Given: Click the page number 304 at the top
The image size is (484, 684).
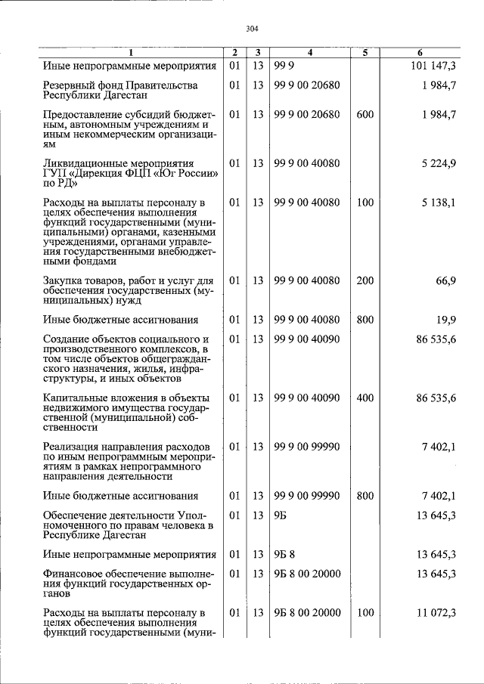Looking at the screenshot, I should tap(253, 29).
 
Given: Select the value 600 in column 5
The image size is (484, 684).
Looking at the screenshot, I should tap(365, 115).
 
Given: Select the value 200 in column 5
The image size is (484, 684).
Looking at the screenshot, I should tap(365, 280).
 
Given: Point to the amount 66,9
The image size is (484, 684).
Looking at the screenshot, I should tap(444, 280).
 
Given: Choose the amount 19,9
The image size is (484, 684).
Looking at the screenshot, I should tap(444, 320).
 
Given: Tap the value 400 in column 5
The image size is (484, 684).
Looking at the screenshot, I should tap(365, 398).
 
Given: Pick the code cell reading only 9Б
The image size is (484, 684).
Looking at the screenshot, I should tap(282, 515).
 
